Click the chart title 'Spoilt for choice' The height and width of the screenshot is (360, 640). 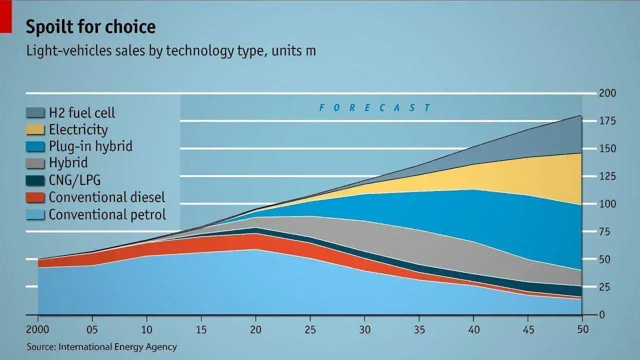[x=90, y=27]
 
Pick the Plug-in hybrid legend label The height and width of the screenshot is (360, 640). [x=90, y=146]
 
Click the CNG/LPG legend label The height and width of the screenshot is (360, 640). [x=75, y=180]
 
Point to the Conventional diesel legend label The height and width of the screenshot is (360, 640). [x=107, y=197]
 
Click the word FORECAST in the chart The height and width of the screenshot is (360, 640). [x=374, y=107]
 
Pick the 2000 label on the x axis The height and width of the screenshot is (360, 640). [x=37, y=330]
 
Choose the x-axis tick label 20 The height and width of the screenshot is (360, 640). [x=256, y=330]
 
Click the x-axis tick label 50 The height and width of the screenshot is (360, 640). [x=582, y=330]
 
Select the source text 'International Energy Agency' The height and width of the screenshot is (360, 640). [x=117, y=346]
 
